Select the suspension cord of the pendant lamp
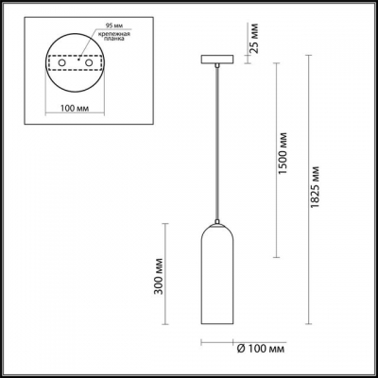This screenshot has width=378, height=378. [219, 142]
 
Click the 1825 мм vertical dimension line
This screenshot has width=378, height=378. [312, 189]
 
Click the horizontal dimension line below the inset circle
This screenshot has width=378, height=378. [75, 118]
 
